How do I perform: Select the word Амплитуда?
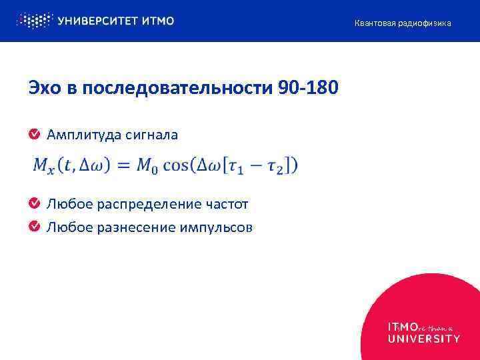[79, 135]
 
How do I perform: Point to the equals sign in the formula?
[123, 165]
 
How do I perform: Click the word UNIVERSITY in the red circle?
[423, 338]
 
